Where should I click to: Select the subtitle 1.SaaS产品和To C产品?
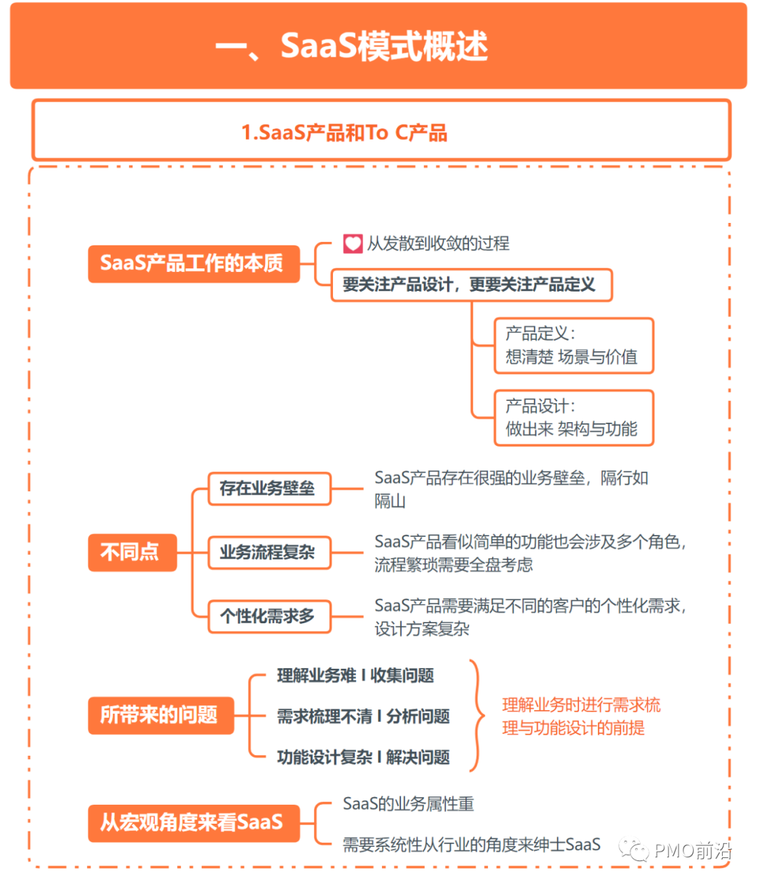tap(344, 132)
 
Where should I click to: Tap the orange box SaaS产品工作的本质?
tap(193, 264)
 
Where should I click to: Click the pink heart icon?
tap(352, 244)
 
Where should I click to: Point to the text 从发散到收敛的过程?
tap(438, 244)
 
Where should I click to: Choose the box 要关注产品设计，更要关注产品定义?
tap(470, 285)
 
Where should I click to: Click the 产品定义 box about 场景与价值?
tap(573, 345)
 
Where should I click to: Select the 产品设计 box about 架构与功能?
tap(573, 418)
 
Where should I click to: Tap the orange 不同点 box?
tap(131, 552)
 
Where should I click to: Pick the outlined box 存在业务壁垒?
tap(268, 489)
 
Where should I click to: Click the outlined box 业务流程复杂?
tap(268, 552)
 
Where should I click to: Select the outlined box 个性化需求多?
tap(268, 616)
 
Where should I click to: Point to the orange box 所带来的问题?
tap(160, 715)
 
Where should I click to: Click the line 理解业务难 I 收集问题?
tap(355, 676)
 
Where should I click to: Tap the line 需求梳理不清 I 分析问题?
tap(363, 716)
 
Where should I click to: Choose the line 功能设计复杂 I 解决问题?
tap(363, 757)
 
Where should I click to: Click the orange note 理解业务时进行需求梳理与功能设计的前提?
tap(581, 716)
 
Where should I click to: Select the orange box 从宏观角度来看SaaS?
tap(193, 822)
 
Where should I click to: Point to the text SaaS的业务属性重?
tap(408, 804)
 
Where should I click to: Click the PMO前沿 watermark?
tap(676, 851)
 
